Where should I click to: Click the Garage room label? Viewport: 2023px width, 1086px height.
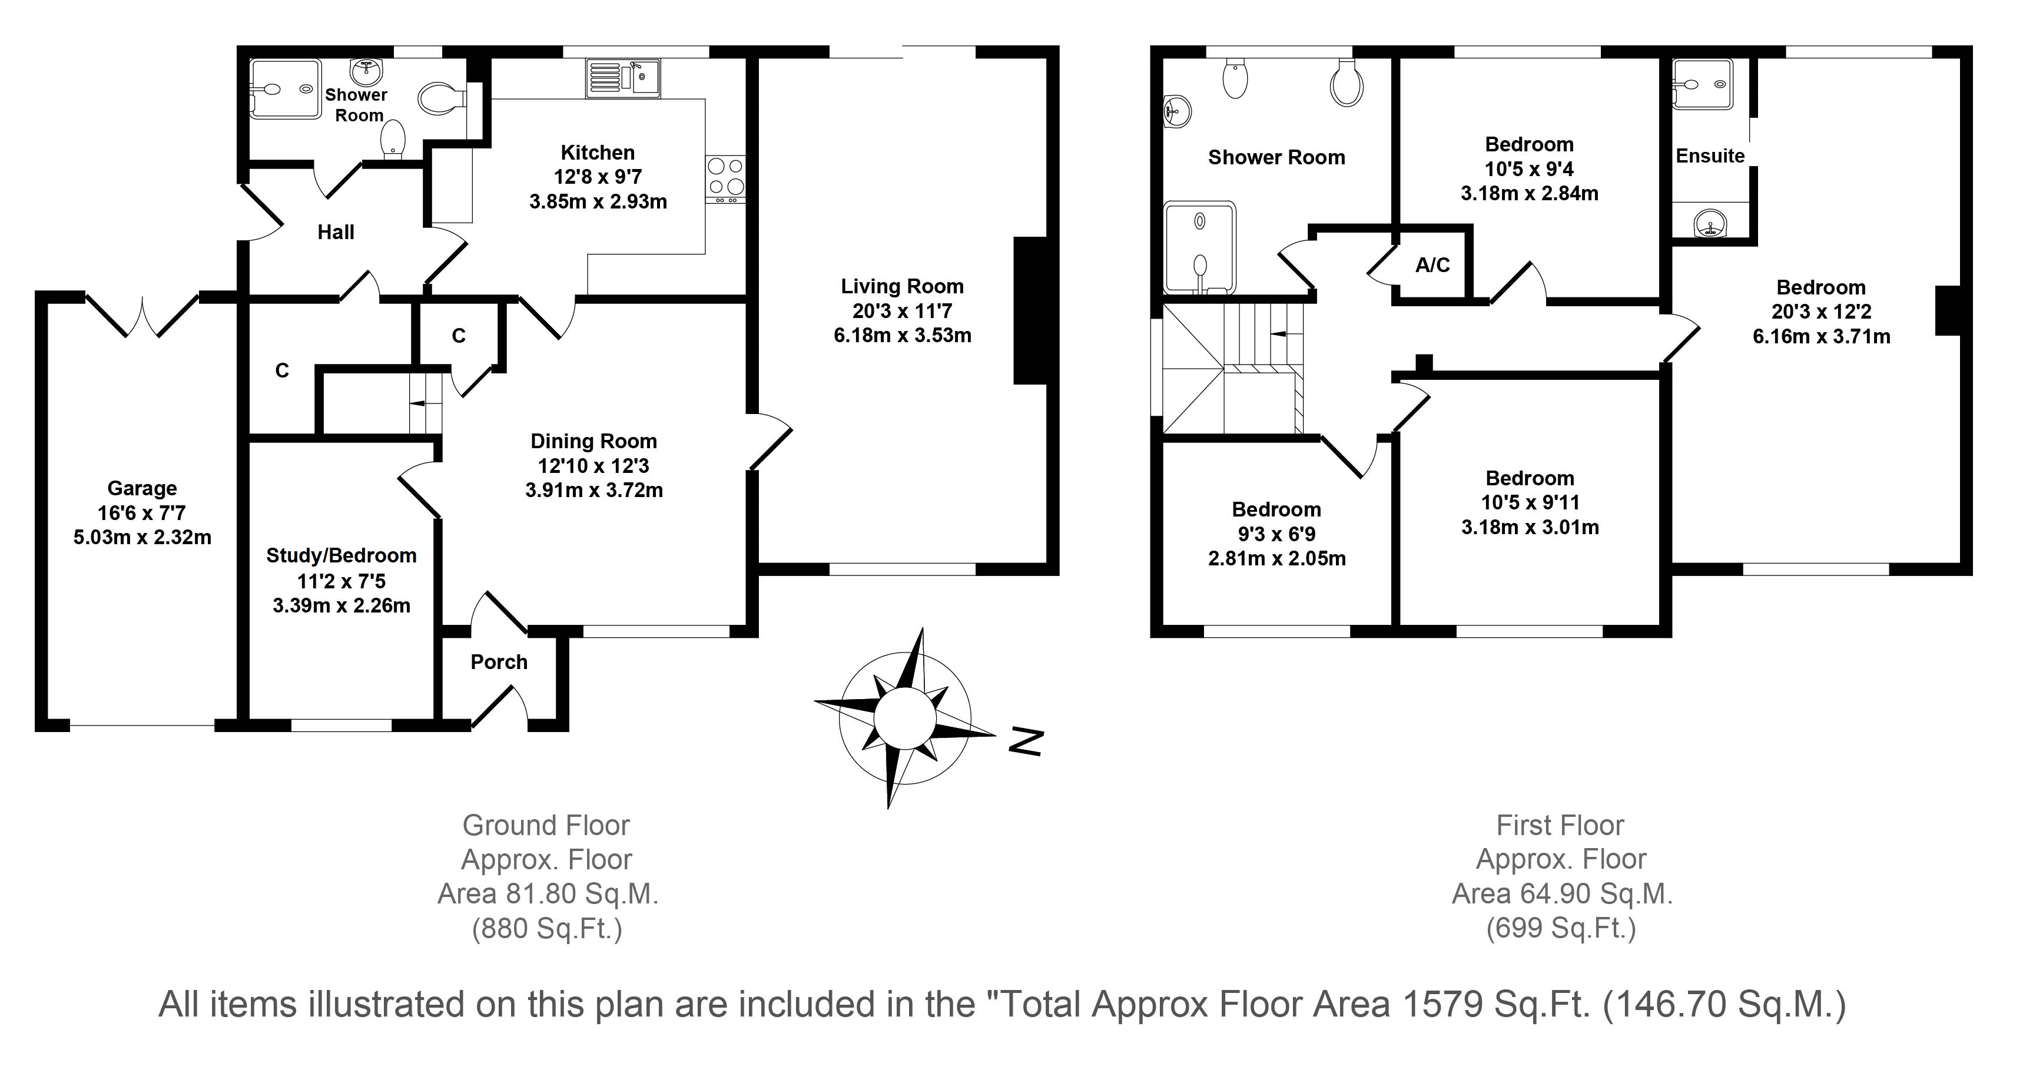142,489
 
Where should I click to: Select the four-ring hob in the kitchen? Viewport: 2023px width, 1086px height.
725,177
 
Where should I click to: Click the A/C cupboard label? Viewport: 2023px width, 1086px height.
1432,265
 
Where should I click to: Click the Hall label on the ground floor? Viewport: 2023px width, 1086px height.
336,232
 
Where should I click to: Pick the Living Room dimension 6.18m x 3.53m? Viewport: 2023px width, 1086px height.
903,336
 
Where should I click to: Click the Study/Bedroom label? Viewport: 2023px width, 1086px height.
341,555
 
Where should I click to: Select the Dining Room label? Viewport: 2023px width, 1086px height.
593,441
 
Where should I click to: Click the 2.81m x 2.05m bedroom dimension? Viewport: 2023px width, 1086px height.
1277,559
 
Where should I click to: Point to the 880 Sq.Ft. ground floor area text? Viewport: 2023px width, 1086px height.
548,929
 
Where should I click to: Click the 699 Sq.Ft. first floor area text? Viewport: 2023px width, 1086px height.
1561,929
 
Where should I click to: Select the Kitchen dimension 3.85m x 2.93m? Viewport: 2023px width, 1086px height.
598,202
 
